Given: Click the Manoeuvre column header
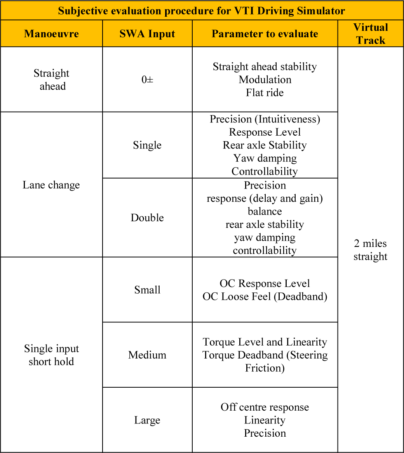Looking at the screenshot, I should click(51, 34).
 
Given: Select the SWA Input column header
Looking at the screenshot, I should click(147, 34).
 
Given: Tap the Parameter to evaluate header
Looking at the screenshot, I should click(265, 34).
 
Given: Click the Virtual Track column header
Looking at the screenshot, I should click(371, 34).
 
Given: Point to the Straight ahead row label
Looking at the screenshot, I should click(51, 80).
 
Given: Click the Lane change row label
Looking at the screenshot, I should click(51, 185).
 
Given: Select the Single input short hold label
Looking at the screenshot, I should click(51, 355).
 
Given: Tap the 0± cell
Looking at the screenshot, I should click(147, 80).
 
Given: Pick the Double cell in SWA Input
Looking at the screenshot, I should click(147, 218).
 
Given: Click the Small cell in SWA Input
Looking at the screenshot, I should click(147, 290).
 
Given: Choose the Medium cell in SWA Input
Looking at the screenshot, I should click(147, 355).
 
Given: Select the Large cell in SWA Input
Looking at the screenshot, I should click(147, 420).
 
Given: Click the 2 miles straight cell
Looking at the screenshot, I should click(371, 250).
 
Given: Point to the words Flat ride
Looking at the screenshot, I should click(265, 93).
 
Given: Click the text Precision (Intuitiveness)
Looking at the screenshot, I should click(265, 119).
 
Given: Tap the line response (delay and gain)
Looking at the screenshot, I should click(265, 198).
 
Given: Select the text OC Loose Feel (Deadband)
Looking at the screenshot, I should click(265, 297).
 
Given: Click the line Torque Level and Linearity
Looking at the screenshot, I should click(265, 342).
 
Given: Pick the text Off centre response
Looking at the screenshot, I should click(265, 407).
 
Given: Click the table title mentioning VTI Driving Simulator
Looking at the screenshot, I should click(202, 10).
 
